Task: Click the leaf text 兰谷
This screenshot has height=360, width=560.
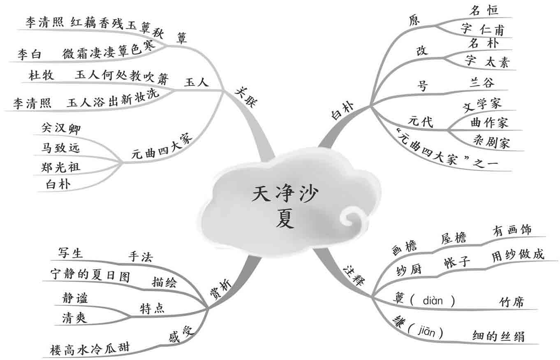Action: click(482, 83)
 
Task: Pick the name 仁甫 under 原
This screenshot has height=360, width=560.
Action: click(492, 30)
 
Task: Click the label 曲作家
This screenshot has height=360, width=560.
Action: click(489, 122)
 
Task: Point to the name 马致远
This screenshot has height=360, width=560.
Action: click(60, 147)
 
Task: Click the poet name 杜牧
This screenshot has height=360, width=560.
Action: click(40, 75)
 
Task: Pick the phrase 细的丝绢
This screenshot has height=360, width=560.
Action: click(498, 336)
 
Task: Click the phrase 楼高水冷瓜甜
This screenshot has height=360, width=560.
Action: click(89, 348)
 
